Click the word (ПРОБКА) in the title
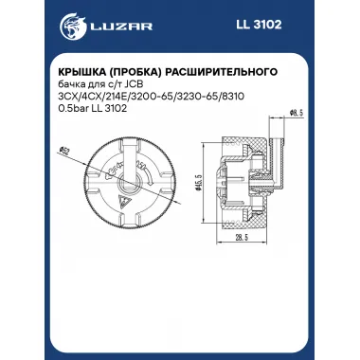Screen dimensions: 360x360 coord(143,71)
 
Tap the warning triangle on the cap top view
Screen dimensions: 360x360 coord(122,204)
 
